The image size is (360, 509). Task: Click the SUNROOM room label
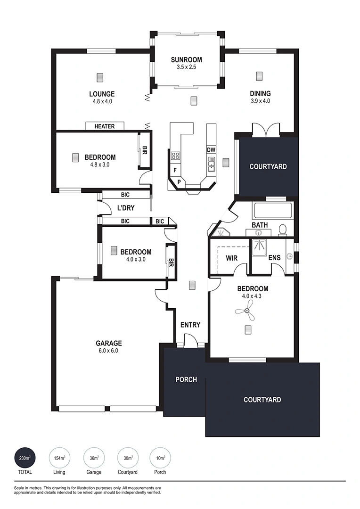click(x=186, y=60)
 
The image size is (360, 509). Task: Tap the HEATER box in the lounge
click(x=105, y=126)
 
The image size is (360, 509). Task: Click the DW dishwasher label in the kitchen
click(x=211, y=150)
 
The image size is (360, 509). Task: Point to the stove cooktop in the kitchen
click(x=176, y=156)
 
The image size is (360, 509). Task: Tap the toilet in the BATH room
click(x=282, y=230)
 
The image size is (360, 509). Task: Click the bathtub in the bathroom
click(x=273, y=210)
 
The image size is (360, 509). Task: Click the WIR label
click(x=231, y=258)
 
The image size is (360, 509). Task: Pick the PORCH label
click(x=186, y=379)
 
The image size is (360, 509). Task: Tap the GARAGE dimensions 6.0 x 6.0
click(x=109, y=351)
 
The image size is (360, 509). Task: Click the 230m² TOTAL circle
click(x=25, y=459)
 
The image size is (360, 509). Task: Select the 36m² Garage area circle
click(x=94, y=459)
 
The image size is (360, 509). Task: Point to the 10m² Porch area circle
click(x=160, y=459)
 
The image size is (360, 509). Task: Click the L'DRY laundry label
click(x=126, y=208)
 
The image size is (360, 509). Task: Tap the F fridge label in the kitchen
click(x=175, y=170)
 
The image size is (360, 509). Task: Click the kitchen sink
click(x=211, y=164)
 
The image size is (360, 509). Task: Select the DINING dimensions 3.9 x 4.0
click(x=261, y=101)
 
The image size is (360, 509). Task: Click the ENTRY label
click(x=190, y=325)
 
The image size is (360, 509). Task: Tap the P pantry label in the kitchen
click(x=179, y=182)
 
